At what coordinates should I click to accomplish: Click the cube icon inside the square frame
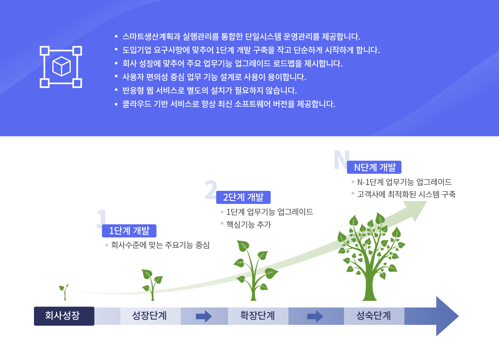pos(61,66)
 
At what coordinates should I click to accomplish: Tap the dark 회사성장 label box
pos(64,316)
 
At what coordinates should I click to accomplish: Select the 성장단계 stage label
pos(149,316)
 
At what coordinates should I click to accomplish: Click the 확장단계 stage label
pos(257,316)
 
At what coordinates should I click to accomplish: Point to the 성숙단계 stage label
pos(373,316)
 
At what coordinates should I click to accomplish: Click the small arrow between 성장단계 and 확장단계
pos(204,316)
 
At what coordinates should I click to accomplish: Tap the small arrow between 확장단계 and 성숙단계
pos(315,316)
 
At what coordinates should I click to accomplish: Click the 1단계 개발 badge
pos(129,231)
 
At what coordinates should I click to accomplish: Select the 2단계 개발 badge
pos(243,197)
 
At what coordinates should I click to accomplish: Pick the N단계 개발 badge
pos(374,167)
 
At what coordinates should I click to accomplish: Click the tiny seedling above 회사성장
pos(64,292)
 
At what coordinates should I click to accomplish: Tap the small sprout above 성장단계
pos(153,285)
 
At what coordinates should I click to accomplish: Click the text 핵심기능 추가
pos(249,224)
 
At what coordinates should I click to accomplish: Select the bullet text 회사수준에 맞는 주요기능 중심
pos(160,245)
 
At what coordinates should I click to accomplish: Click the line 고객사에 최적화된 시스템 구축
pos(406,194)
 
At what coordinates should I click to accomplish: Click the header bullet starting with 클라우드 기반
pos(229,104)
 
